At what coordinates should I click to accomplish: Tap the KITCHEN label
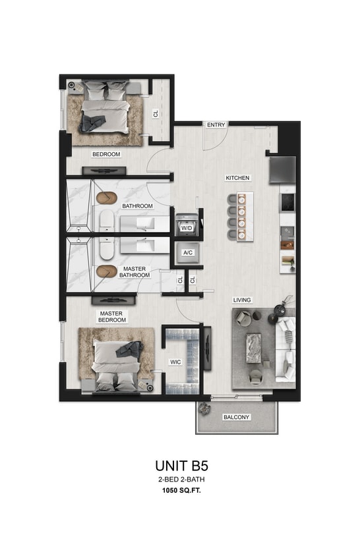coord(237,179)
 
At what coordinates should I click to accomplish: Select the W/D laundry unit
coord(187,227)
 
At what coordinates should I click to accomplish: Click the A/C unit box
coord(187,252)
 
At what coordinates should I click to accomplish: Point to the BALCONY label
coord(236,418)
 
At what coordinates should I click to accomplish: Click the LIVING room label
coord(242,300)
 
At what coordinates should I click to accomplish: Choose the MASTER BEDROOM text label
coord(113,317)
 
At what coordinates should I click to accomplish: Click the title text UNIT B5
coord(180,466)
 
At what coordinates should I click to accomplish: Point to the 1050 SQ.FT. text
coord(180,491)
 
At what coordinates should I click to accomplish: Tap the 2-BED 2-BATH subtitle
coord(180,480)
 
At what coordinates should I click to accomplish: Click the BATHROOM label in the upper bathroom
coord(137,206)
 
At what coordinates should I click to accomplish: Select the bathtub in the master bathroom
coord(106,247)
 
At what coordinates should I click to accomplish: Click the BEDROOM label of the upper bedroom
coord(105,154)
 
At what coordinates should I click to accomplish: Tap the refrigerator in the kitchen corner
coord(283,169)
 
